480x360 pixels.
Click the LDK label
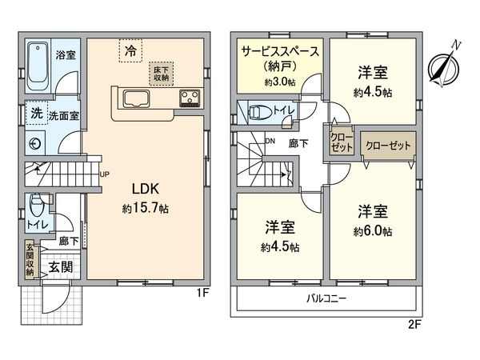coord(146,190)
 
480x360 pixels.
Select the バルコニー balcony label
coord(325,300)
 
